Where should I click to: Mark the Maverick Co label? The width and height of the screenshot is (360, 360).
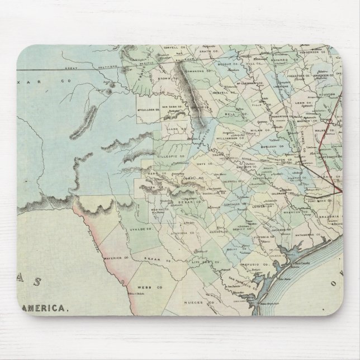coord(117,257)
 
